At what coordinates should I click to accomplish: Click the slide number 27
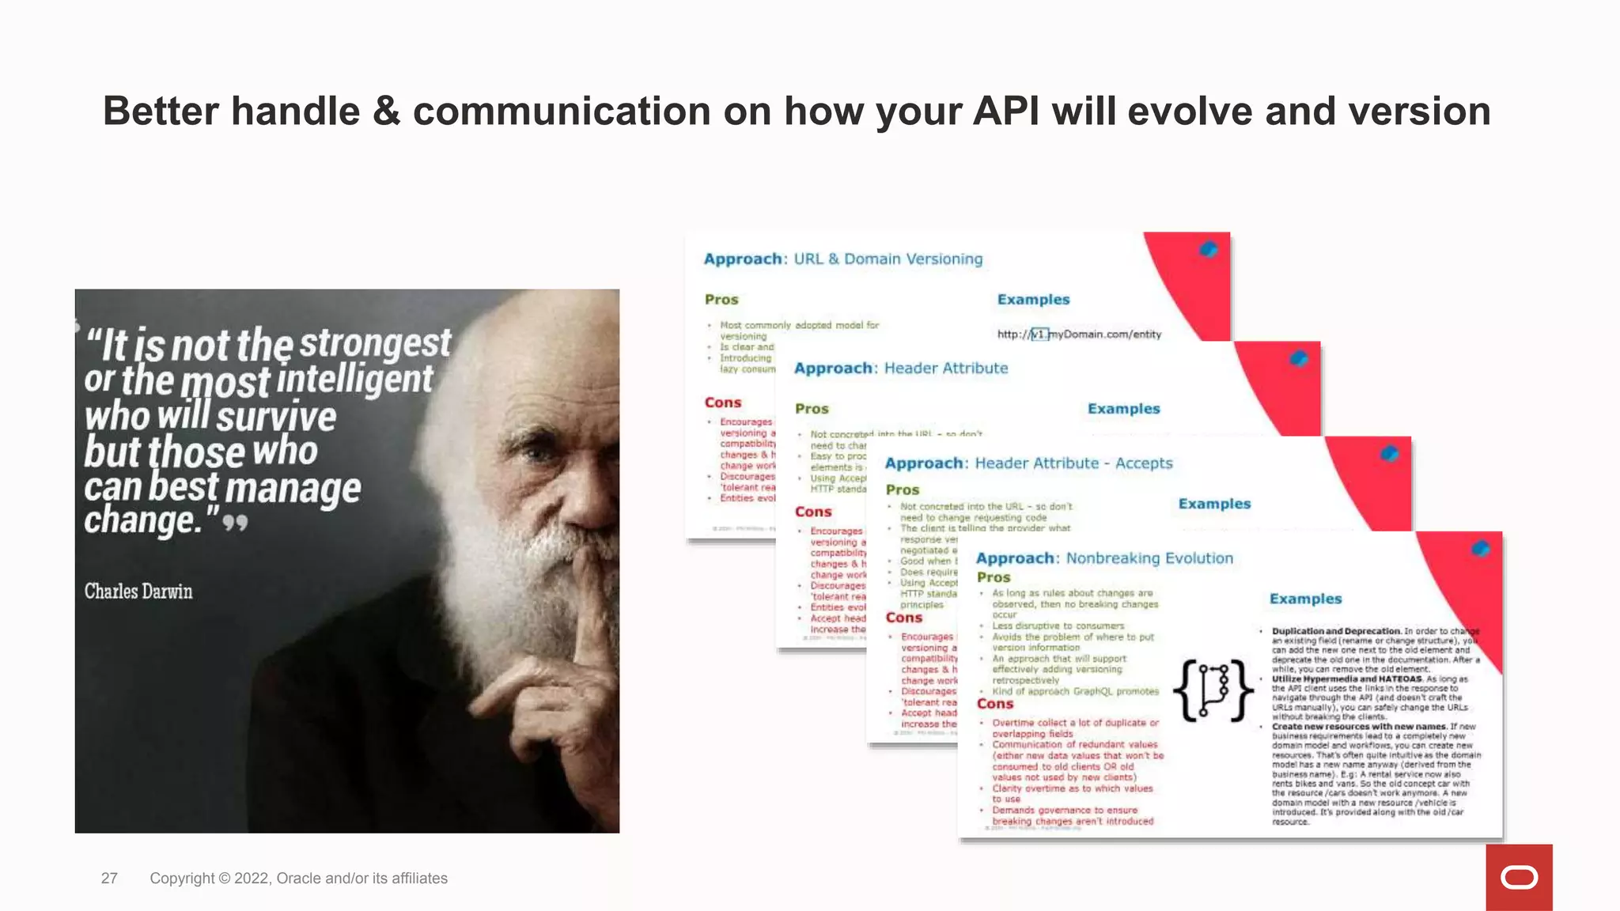[x=109, y=879]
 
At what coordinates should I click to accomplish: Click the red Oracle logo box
[x=1519, y=877]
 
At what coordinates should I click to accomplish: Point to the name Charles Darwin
[x=138, y=592]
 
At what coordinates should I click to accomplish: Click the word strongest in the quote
[x=376, y=344]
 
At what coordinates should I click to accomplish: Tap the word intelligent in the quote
[x=355, y=379]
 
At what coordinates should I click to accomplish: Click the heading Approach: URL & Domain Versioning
[x=843, y=259]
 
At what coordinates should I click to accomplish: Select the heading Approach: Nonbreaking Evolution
[x=1104, y=558]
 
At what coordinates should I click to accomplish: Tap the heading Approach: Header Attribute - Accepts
[x=1028, y=463]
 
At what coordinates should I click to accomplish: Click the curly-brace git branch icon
[x=1213, y=690]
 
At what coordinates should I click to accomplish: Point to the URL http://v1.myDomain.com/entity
[x=1079, y=335]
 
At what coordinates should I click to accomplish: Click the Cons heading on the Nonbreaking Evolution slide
[x=994, y=704]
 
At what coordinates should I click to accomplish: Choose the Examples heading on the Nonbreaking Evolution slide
[x=1305, y=599]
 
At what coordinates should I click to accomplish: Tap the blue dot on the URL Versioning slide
[x=1208, y=249]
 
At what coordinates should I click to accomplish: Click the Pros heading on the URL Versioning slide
[x=721, y=300]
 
